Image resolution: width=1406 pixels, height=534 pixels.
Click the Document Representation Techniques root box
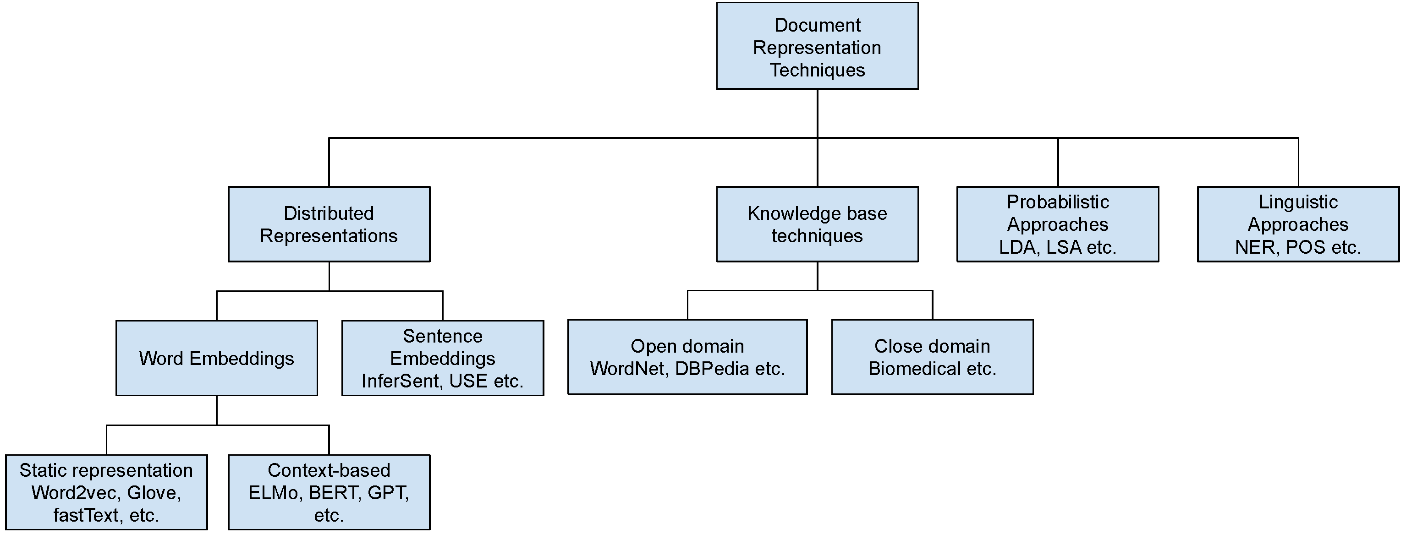[817, 46]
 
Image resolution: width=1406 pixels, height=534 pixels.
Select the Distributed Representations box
[329, 224]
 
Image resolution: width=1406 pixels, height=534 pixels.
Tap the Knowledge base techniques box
[817, 224]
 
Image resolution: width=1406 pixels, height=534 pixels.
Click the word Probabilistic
[1057, 202]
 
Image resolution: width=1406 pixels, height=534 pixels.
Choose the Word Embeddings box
[216, 358]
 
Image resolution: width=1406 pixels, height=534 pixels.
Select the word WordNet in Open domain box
[628, 369]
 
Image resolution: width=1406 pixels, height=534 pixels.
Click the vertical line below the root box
[817, 113]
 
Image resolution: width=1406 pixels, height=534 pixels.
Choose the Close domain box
[932, 357]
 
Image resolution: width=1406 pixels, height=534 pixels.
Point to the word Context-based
[329, 470]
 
